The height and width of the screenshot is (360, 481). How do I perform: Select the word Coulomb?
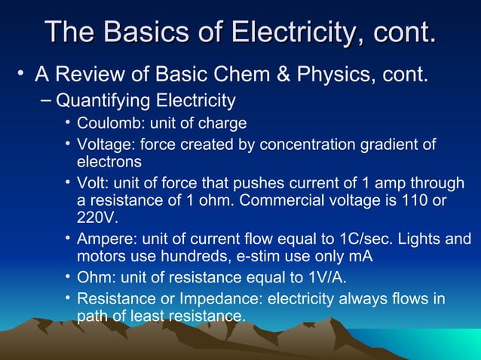pos(105,123)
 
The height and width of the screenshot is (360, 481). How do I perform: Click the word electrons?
pos(109,161)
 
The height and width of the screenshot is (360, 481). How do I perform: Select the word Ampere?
pos(103,239)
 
